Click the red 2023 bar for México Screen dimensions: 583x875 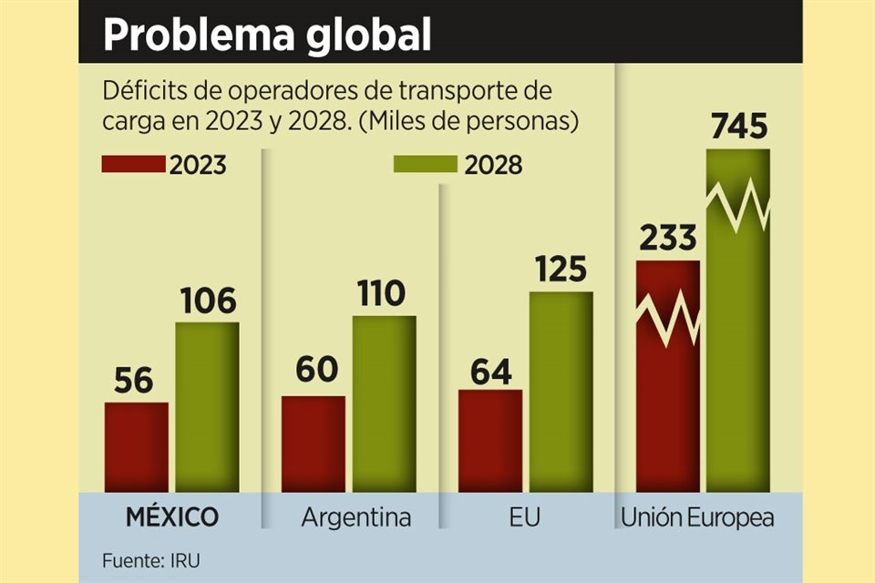pyautogui.click(x=137, y=446)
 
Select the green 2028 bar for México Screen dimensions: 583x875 pyautogui.click(x=207, y=406)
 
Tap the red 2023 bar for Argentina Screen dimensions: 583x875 pyautogui.click(x=314, y=444)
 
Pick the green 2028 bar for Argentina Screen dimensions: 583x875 pyautogui.click(x=384, y=404)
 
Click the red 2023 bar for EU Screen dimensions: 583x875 pyautogui.click(x=490, y=441)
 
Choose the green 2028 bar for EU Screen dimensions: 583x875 pyautogui.click(x=561, y=392)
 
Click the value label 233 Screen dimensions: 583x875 pyautogui.click(x=667, y=239)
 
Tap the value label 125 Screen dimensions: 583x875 pyautogui.click(x=561, y=271)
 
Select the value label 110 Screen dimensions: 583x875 pyautogui.click(x=384, y=294)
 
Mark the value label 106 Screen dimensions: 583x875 pyautogui.click(x=207, y=301)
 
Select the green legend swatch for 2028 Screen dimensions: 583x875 pyautogui.click(x=425, y=164)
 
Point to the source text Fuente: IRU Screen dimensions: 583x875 pyautogui.click(x=150, y=560)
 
